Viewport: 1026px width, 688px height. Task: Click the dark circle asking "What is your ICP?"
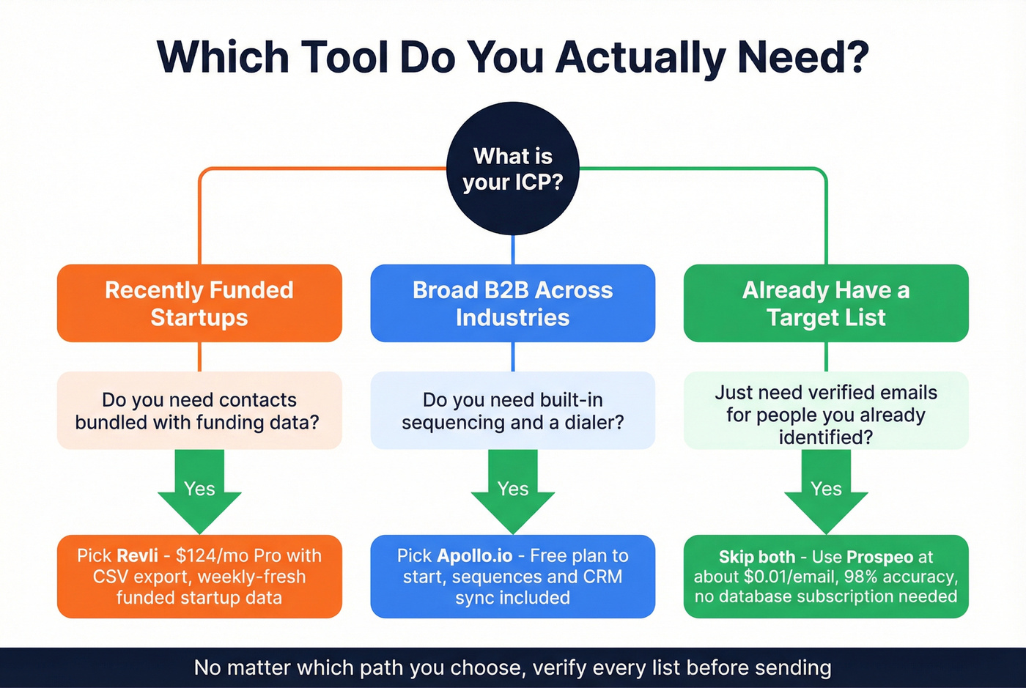click(513, 169)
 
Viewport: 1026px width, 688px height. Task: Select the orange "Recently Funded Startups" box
click(199, 303)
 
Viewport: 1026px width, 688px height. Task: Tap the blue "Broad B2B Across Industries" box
click(513, 303)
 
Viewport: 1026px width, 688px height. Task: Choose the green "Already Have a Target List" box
click(826, 303)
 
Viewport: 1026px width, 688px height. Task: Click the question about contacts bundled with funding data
click(199, 410)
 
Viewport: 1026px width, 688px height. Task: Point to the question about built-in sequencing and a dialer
click(513, 410)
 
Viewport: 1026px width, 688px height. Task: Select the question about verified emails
click(826, 414)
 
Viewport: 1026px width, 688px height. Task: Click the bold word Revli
click(137, 555)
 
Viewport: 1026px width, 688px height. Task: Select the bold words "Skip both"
click(756, 557)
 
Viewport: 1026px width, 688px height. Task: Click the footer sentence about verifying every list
click(513, 667)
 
